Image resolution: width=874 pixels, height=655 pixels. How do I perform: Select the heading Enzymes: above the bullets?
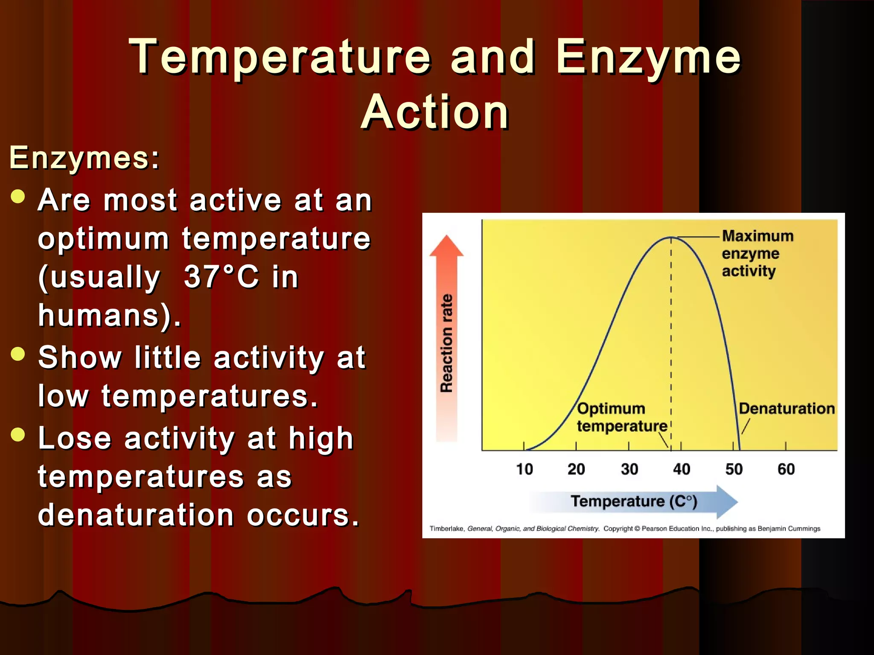click(x=84, y=158)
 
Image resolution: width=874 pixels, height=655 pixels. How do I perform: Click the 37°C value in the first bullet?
click(x=221, y=277)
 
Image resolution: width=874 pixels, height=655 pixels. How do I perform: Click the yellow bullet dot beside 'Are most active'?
click(x=18, y=197)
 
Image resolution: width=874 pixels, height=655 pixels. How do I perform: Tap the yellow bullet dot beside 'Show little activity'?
click(x=18, y=354)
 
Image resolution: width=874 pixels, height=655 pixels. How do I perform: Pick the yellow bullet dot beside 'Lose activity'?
click(x=18, y=435)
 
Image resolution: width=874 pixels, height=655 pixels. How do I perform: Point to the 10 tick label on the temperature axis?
click(x=524, y=470)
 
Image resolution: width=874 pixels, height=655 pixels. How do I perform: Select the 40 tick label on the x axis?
click(x=682, y=470)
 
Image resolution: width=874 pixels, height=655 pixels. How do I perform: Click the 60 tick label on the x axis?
click(x=786, y=470)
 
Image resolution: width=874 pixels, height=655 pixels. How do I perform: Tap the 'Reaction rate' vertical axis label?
click(x=446, y=343)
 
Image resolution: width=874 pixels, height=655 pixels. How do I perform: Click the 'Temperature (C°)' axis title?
click(x=634, y=501)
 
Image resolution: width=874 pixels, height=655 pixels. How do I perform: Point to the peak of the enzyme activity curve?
click(x=671, y=237)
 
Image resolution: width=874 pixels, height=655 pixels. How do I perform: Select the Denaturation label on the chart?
click(x=787, y=409)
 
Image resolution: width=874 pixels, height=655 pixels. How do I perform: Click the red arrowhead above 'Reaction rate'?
click(x=446, y=246)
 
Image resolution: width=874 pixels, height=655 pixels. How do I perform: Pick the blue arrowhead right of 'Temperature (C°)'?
click(x=726, y=502)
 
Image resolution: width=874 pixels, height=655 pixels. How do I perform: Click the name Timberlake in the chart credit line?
click(x=446, y=529)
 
